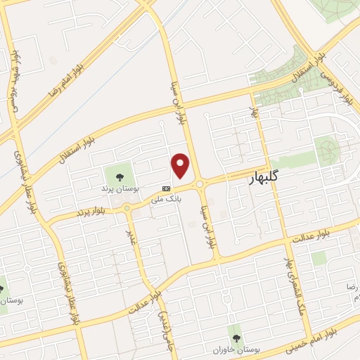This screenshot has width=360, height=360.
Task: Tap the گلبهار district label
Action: (x=264, y=179)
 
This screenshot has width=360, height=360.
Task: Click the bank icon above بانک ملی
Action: (x=167, y=188)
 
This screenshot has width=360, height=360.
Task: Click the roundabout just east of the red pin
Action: (x=200, y=184)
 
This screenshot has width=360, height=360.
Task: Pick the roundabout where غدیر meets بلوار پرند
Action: (x=126, y=207)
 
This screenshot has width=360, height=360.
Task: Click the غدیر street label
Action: (x=130, y=238)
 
